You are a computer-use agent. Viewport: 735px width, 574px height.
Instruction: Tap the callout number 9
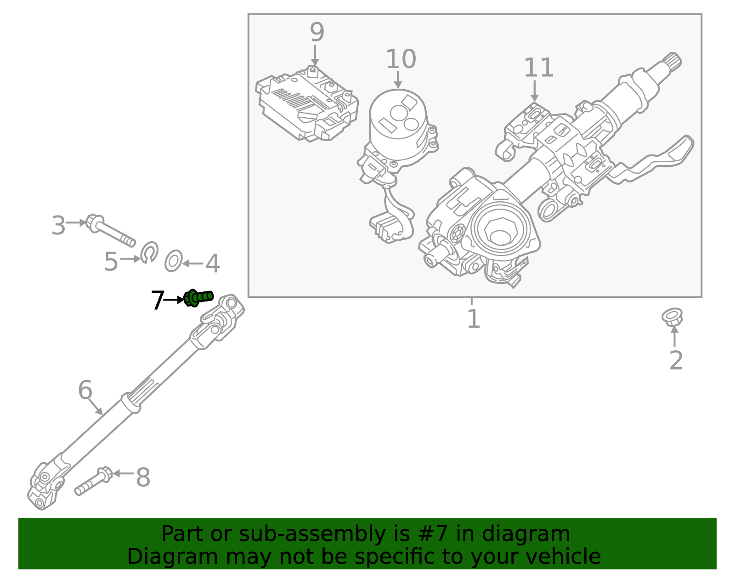pyautogui.click(x=317, y=32)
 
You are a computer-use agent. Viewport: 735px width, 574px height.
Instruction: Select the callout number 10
pyautogui.click(x=401, y=59)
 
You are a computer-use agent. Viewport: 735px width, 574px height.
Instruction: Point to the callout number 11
pyautogui.click(x=539, y=68)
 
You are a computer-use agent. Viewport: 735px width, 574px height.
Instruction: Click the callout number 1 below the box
pyautogui.click(x=473, y=318)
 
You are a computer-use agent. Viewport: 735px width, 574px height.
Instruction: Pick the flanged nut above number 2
pyautogui.click(x=672, y=317)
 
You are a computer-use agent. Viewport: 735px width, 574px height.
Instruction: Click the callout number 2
pyautogui.click(x=676, y=360)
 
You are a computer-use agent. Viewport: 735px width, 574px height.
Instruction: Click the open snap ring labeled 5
pyautogui.click(x=150, y=252)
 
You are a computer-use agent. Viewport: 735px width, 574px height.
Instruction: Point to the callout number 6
pyautogui.click(x=85, y=390)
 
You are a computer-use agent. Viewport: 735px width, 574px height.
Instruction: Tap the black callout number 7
pyautogui.click(x=157, y=301)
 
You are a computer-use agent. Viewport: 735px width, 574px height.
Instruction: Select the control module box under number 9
pyautogui.click(x=307, y=105)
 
